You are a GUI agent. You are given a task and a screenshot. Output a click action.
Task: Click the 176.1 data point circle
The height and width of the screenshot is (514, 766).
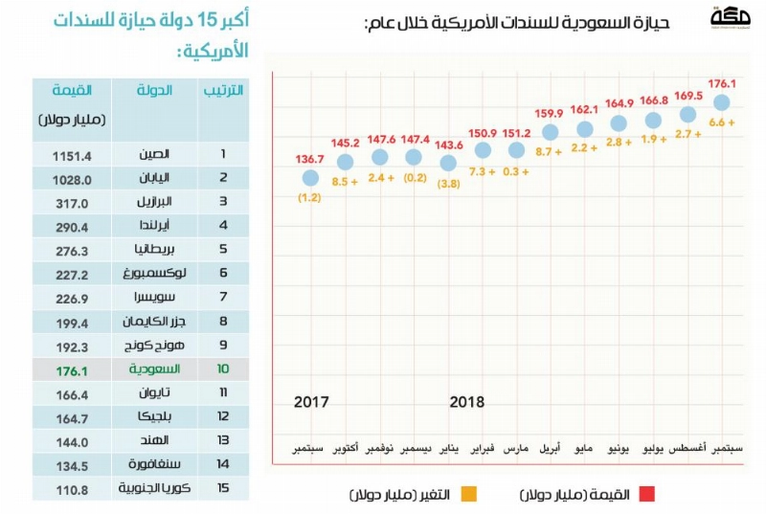tap(722, 102)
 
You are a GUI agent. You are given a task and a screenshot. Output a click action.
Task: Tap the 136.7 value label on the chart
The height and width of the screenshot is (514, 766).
tap(309, 159)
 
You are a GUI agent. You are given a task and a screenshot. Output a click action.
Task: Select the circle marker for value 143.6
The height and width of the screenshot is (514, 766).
tap(448, 163)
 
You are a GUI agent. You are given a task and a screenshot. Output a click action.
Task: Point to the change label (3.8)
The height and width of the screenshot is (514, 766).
tap(448, 184)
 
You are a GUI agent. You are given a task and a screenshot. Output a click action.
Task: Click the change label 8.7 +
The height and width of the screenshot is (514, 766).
tap(549, 152)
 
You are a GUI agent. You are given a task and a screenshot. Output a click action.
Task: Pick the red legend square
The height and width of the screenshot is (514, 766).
tap(647, 494)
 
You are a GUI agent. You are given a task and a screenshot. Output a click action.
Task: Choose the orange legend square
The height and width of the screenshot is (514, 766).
tap(469, 494)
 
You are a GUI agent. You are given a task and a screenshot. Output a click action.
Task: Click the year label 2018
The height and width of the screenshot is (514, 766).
tap(467, 402)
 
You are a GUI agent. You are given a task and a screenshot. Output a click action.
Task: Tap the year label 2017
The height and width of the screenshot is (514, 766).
tap(311, 402)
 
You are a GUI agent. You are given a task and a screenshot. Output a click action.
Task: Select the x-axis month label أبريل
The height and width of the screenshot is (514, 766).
tap(550, 448)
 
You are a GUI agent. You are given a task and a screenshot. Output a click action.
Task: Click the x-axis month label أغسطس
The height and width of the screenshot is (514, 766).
tap(687, 448)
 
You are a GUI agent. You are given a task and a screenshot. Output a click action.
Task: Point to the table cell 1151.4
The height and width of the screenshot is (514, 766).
tap(72, 156)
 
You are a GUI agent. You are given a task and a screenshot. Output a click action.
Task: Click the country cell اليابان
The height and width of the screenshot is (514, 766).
tap(154, 178)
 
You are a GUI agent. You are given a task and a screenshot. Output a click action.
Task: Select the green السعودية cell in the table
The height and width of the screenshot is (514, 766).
tap(154, 369)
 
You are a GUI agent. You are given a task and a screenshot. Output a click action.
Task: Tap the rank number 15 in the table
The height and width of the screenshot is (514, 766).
tap(223, 487)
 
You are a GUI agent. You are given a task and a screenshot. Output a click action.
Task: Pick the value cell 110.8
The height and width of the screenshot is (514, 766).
tap(72, 490)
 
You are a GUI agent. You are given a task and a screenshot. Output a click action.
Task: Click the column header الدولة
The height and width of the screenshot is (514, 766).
tap(154, 90)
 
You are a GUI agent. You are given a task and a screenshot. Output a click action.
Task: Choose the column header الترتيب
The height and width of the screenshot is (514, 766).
tap(223, 90)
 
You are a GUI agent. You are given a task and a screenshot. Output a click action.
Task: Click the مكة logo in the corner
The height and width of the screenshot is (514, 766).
tap(731, 17)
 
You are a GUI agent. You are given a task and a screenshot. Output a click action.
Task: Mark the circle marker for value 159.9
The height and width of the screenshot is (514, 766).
tap(550, 132)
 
